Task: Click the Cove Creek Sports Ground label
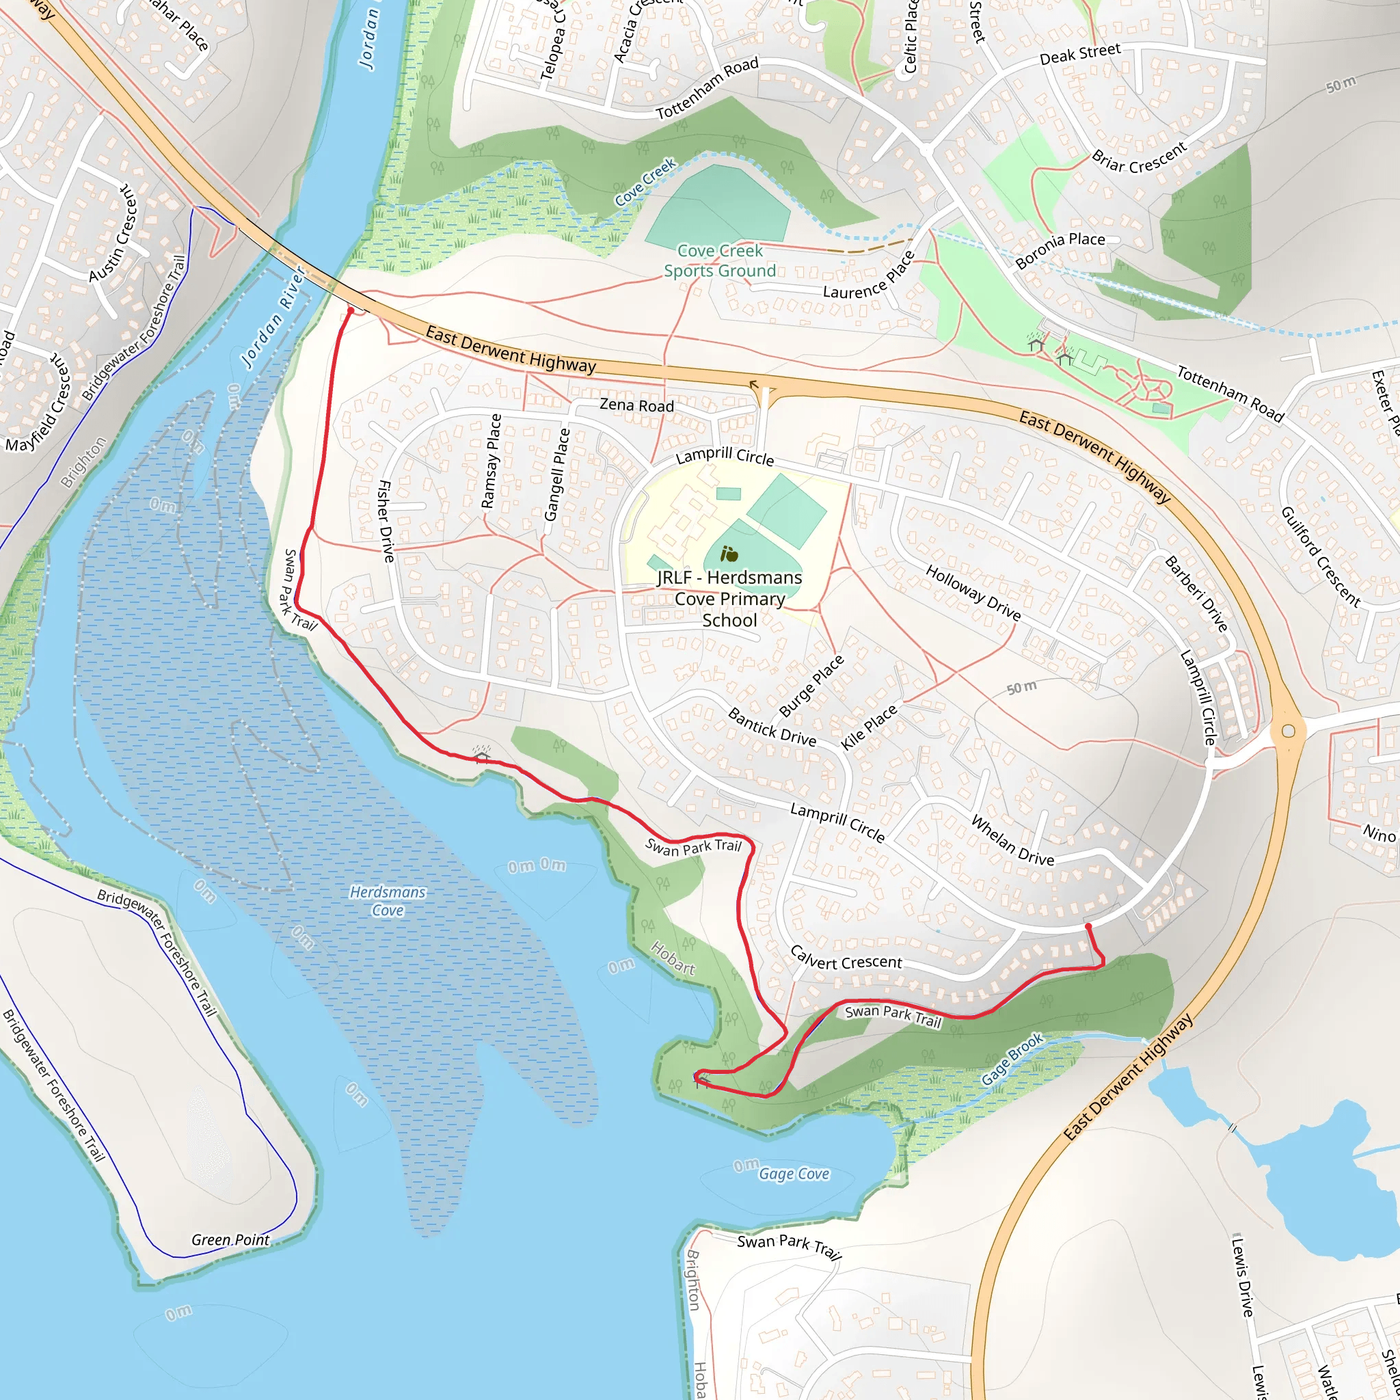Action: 720,261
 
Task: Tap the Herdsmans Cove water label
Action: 388,901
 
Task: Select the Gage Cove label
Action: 794,1173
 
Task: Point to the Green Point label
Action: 230,1240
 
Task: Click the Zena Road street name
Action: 636,405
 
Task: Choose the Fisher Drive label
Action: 387,521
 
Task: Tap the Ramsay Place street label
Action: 492,461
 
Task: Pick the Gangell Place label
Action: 556,474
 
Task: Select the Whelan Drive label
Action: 1012,841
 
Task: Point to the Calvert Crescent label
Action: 846,958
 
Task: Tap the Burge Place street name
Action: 811,686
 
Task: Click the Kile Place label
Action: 869,727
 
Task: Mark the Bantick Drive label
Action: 772,727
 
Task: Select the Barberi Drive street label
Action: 1196,593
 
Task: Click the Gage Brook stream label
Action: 1012,1060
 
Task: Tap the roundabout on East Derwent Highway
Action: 1289,731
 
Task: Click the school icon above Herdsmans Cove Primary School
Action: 729,554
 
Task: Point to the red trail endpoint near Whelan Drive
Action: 1088,926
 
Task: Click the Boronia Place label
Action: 1060,250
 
